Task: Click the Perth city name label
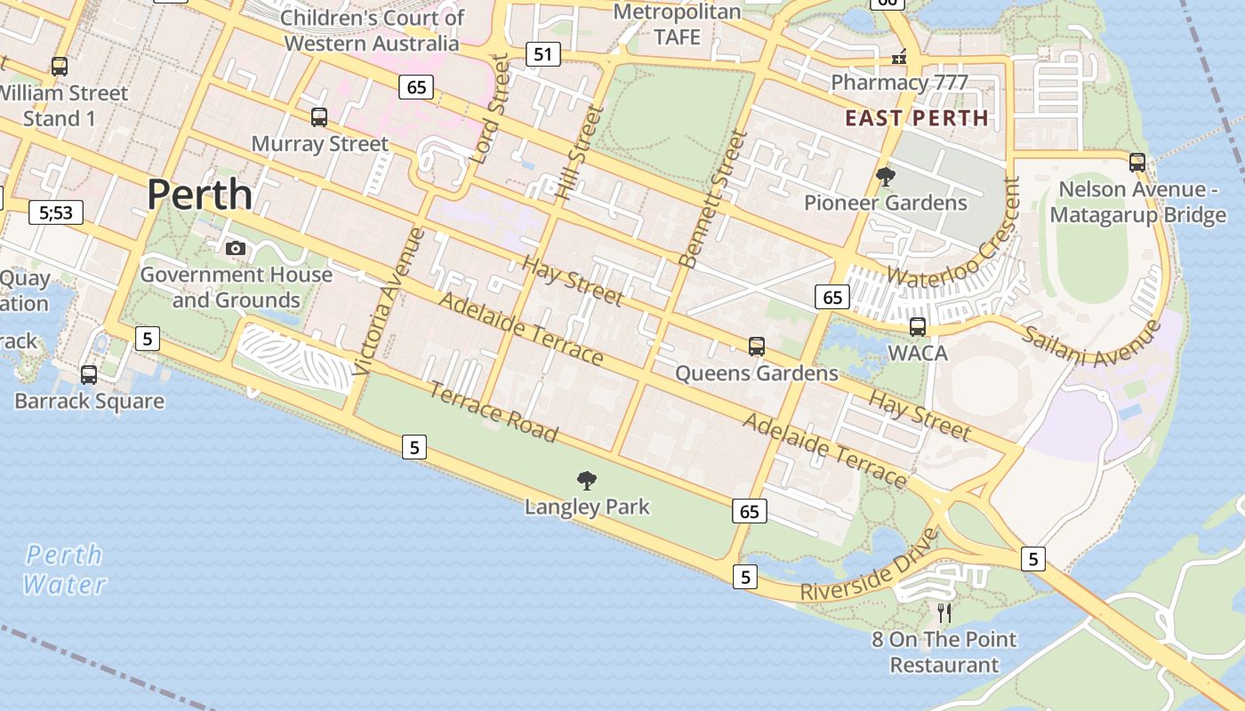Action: pyautogui.click(x=199, y=194)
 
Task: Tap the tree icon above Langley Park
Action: pyautogui.click(x=587, y=481)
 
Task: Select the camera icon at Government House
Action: pyautogui.click(x=236, y=248)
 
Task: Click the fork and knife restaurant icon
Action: pyautogui.click(x=944, y=612)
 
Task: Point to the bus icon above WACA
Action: pyautogui.click(x=918, y=326)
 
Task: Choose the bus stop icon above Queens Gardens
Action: pyautogui.click(x=757, y=346)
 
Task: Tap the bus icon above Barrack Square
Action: pyautogui.click(x=89, y=374)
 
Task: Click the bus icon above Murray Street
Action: pyautogui.click(x=319, y=116)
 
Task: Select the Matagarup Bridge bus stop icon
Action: pyautogui.click(x=1137, y=162)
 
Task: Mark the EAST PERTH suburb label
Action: pyautogui.click(x=916, y=118)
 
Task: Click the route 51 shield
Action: pyautogui.click(x=542, y=54)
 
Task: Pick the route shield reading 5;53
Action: pyautogui.click(x=56, y=212)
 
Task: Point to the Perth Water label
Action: pyautogui.click(x=64, y=570)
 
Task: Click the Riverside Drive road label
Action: pyautogui.click(x=870, y=566)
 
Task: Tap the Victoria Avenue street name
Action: pyautogui.click(x=390, y=300)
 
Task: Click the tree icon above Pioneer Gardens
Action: pyautogui.click(x=885, y=176)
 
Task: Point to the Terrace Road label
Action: pyautogui.click(x=494, y=411)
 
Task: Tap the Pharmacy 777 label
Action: pyautogui.click(x=899, y=83)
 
